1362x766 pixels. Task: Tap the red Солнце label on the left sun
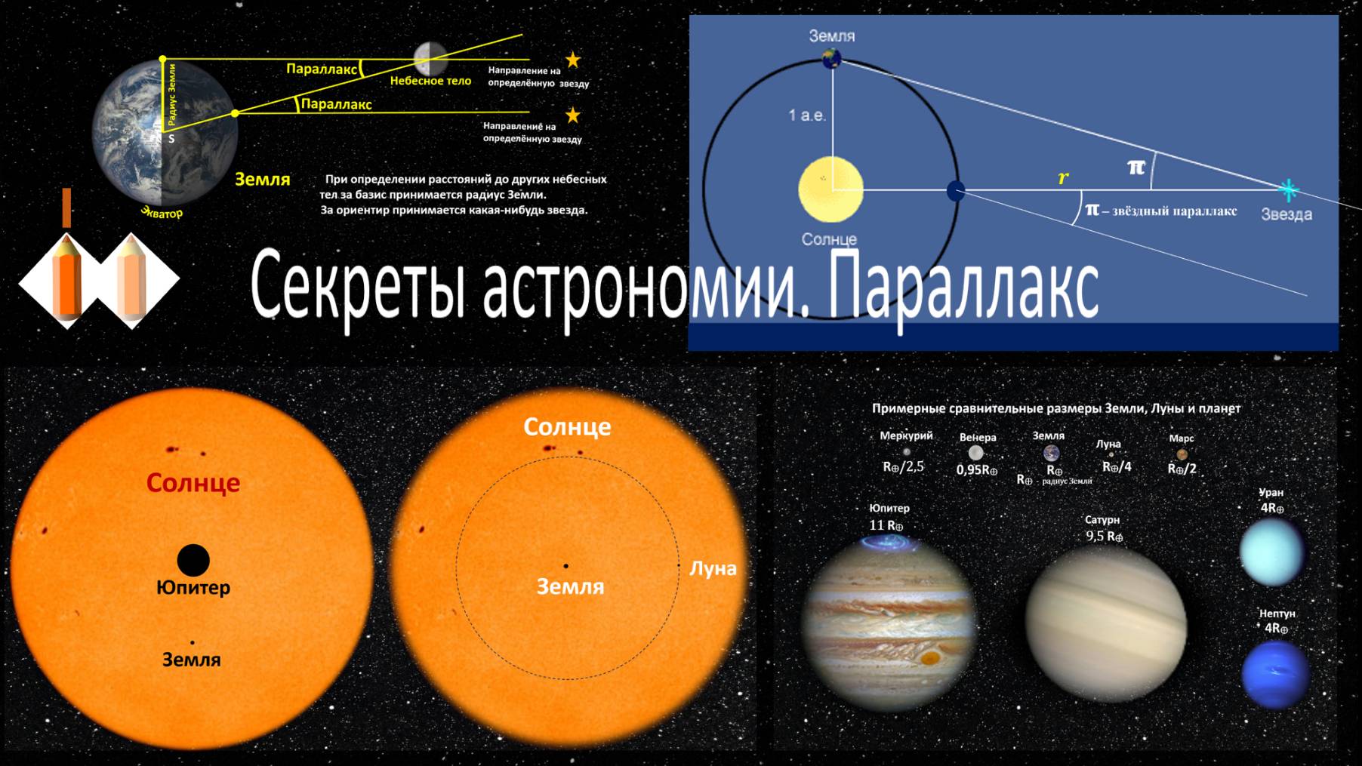(193, 482)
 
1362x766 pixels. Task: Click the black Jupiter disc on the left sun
(193, 560)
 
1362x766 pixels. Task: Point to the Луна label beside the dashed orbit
(712, 568)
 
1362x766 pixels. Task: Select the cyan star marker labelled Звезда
(1288, 189)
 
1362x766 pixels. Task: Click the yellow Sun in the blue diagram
(830, 189)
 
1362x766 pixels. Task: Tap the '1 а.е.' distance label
(807, 115)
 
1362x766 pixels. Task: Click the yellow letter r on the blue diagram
(1063, 178)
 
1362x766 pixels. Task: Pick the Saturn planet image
(1105, 625)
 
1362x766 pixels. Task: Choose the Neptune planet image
(1274, 674)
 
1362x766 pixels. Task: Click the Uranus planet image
(1272, 552)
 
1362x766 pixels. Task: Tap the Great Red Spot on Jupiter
(930, 658)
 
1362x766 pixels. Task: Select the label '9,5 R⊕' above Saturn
(1104, 537)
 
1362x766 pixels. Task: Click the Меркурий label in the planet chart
(906, 435)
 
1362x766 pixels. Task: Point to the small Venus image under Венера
(976, 453)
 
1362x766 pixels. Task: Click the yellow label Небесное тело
(430, 81)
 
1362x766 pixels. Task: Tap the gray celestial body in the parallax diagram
(430, 58)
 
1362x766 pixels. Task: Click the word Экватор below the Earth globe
(162, 213)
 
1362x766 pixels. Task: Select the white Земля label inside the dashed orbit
(570, 586)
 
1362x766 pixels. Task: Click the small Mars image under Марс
(1182, 454)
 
